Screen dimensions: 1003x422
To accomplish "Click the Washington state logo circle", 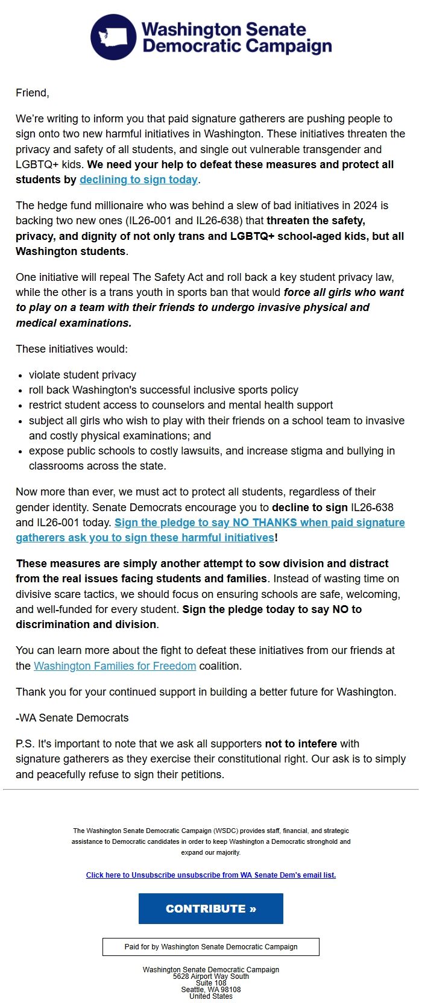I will point(113,37).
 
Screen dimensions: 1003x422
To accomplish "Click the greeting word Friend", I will point(31,93).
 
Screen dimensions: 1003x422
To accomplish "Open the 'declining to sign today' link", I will point(139,180).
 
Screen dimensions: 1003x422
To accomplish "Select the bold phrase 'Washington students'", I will point(71,251).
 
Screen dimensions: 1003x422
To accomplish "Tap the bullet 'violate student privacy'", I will point(83,375).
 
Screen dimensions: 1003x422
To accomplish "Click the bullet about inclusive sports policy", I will point(163,390).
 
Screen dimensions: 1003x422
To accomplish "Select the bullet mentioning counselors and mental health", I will point(181,405).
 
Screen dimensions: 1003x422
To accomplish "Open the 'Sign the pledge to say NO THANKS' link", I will point(259,523).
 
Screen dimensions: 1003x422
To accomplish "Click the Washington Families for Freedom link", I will point(115,666).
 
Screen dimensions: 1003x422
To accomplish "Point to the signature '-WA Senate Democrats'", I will point(72,718).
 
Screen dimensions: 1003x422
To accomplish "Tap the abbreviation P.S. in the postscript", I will point(25,744).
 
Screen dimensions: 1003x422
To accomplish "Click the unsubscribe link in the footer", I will point(211,875).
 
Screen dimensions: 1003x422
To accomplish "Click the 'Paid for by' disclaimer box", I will point(211,947).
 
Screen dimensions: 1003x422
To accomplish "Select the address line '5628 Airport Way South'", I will point(211,976).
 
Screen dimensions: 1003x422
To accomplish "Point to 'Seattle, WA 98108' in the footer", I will point(211,990).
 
